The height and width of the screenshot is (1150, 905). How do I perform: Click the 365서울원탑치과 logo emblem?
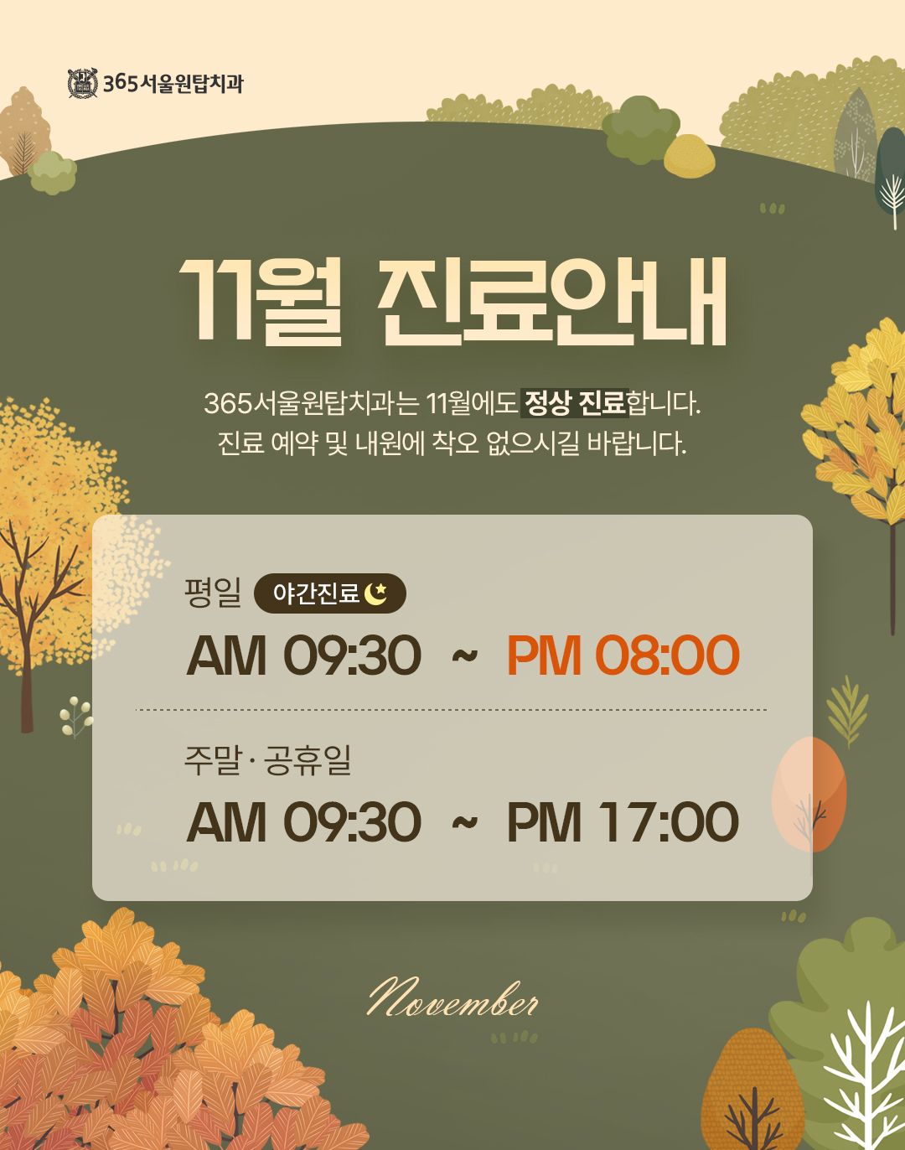[x=82, y=83]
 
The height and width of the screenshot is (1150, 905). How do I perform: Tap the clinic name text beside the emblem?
[x=173, y=84]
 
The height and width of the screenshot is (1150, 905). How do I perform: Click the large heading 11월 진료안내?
[x=452, y=302]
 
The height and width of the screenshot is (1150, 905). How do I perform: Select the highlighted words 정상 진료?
[x=575, y=403]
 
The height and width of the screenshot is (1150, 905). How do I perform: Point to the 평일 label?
[x=213, y=593]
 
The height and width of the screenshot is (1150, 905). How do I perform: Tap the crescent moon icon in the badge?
[x=376, y=593]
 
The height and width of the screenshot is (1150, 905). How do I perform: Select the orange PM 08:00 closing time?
[x=623, y=655]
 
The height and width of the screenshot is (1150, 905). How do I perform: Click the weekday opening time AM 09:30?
[x=303, y=655]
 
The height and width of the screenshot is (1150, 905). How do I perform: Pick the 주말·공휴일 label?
[x=267, y=760]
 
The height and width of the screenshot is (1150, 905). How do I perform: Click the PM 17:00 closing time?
[x=623, y=821]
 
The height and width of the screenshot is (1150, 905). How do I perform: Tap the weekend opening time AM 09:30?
[x=303, y=821]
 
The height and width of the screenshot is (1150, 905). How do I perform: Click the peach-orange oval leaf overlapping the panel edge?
[x=809, y=794]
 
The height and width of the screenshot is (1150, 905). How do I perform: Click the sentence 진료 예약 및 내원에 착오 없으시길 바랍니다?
[x=452, y=443]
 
